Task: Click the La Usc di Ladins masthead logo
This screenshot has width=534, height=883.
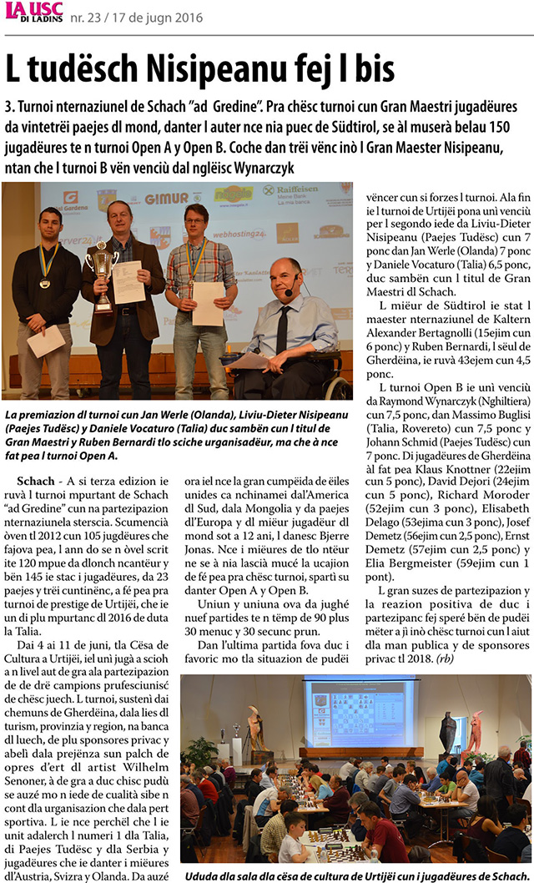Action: [31, 14]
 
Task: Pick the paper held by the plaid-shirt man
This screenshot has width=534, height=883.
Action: [208, 303]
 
